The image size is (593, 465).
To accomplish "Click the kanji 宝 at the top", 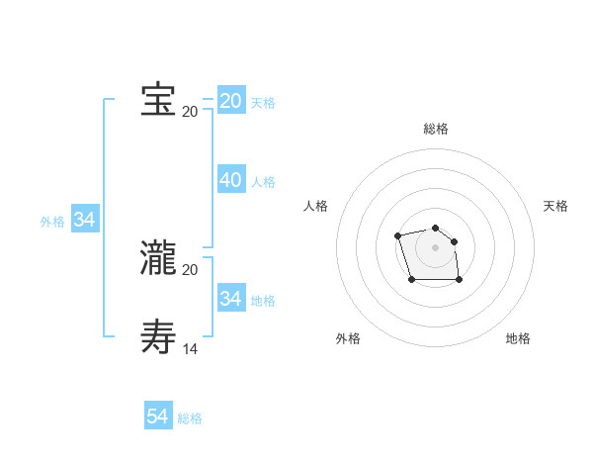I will [x=158, y=100].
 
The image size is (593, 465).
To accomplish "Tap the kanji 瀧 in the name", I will [x=158, y=258].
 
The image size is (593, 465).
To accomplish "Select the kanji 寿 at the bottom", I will [x=158, y=336].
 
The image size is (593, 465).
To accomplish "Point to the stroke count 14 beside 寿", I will [x=190, y=348].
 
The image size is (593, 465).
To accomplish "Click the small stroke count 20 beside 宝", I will [x=190, y=111].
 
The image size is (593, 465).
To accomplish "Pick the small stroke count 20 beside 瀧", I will [x=190, y=269].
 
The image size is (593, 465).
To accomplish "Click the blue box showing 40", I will [x=231, y=180].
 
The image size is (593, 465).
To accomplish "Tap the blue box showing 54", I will [x=158, y=417].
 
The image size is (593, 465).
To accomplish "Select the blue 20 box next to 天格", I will [x=231, y=101].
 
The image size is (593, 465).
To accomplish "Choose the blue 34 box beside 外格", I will [x=85, y=220].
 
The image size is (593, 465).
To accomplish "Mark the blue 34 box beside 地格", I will [x=231, y=298].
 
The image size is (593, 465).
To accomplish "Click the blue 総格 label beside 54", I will [x=190, y=418].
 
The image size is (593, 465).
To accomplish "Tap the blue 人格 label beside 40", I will [x=263, y=182].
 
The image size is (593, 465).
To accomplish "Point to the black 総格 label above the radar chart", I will [x=436, y=129].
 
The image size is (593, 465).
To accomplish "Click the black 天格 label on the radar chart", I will [x=556, y=206].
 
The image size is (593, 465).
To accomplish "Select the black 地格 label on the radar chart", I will [x=518, y=338].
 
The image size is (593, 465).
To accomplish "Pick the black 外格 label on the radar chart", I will [x=348, y=338].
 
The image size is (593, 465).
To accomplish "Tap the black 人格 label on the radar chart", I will [x=315, y=206].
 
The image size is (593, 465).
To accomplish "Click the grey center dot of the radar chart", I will [x=436, y=246].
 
